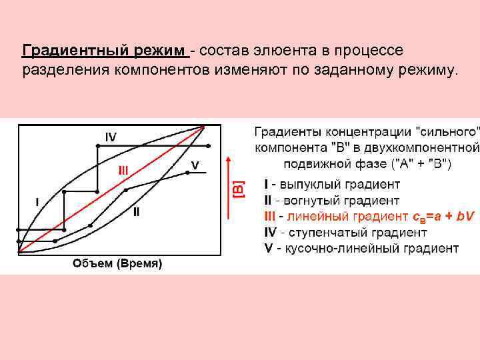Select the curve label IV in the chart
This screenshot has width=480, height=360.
pos(111,137)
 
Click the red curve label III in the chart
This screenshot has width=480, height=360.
pos(123,169)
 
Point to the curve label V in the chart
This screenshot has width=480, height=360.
pos(195,164)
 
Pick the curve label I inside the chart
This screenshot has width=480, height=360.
pos(37,201)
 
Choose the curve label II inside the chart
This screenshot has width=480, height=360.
pos(136,212)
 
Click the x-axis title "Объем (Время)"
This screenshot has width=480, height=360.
pos(117,264)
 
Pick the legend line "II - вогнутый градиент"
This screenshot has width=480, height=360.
pos(332,200)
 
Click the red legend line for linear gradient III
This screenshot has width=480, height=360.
pos(369,216)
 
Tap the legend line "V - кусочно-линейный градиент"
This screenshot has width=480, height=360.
pos(361,248)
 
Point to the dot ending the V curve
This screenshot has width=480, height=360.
pos(206,172)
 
